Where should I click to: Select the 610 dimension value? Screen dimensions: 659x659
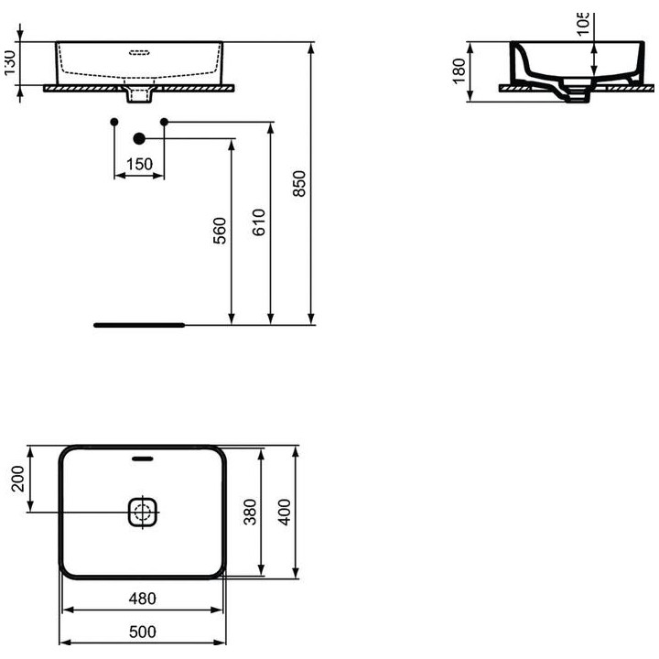tap(260, 222)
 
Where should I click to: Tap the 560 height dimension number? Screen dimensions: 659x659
tap(219, 236)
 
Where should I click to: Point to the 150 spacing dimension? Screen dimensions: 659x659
tap(139, 165)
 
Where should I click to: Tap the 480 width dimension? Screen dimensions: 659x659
tap(142, 599)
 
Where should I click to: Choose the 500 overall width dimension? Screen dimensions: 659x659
tap(142, 632)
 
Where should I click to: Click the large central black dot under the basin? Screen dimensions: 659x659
tap(139, 138)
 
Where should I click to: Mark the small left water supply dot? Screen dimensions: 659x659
tap(113, 122)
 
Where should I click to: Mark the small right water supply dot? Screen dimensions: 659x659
tap(165, 122)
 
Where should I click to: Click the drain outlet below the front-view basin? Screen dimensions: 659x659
tap(139, 93)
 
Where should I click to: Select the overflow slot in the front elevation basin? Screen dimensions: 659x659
tap(139, 51)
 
